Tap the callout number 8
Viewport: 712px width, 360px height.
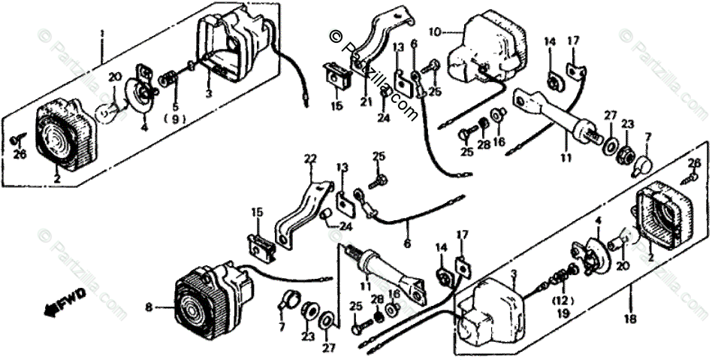tap(149, 307)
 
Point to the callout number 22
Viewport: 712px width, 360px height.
tap(310, 159)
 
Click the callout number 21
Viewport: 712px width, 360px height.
tap(366, 102)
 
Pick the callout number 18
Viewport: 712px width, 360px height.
tap(629, 319)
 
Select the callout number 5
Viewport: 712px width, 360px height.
tap(175, 107)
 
